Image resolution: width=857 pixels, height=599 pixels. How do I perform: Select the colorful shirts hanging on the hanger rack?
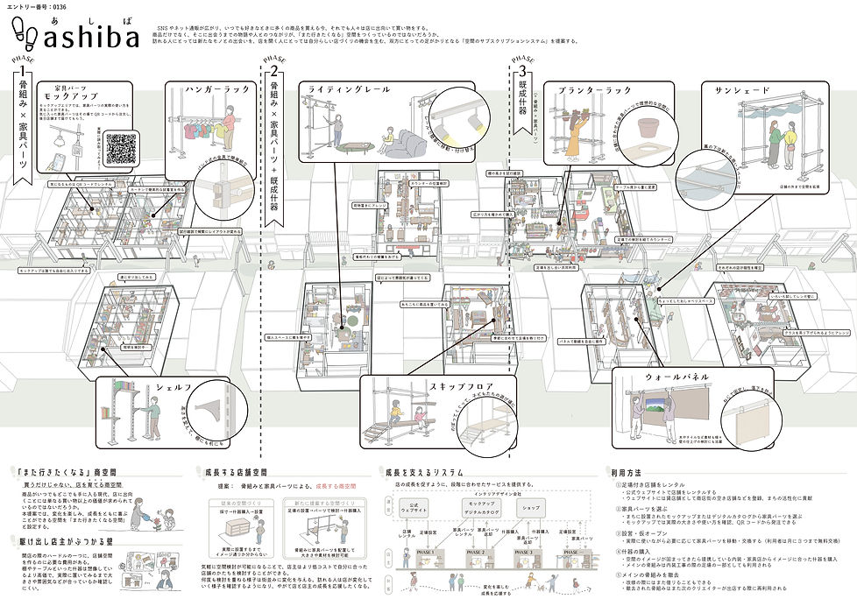point(200,131)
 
